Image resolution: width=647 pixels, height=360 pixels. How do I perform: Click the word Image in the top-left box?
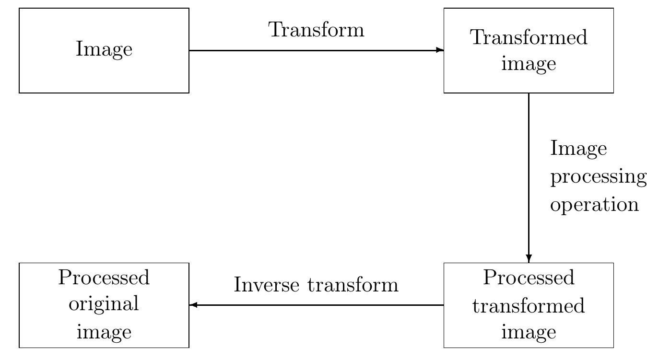(x=104, y=49)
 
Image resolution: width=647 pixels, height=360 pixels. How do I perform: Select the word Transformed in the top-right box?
(x=529, y=37)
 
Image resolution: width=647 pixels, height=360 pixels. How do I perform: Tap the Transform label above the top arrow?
(x=317, y=30)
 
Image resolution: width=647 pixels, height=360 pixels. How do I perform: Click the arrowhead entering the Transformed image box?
(x=440, y=50)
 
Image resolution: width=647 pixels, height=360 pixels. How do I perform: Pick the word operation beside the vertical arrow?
(x=594, y=205)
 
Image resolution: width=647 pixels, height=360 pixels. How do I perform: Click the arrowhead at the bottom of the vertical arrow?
(x=529, y=258)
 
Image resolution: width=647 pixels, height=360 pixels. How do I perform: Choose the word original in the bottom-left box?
(x=104, y=304)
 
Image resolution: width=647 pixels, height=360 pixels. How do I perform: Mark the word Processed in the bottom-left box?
(x=104, y=277)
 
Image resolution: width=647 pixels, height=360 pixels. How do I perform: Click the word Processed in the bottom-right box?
(x=529, y=277)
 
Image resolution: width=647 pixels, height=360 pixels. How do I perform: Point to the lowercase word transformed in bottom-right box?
(x=529, y=305)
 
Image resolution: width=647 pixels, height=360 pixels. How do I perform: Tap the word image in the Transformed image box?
(x=529, y=64)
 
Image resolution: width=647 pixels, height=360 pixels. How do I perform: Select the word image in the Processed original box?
(x=104, y=332)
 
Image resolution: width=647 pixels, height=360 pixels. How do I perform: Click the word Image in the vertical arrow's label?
(x=578, y=149)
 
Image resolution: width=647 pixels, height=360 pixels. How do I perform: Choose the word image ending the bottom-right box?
(x=529, y=332)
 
